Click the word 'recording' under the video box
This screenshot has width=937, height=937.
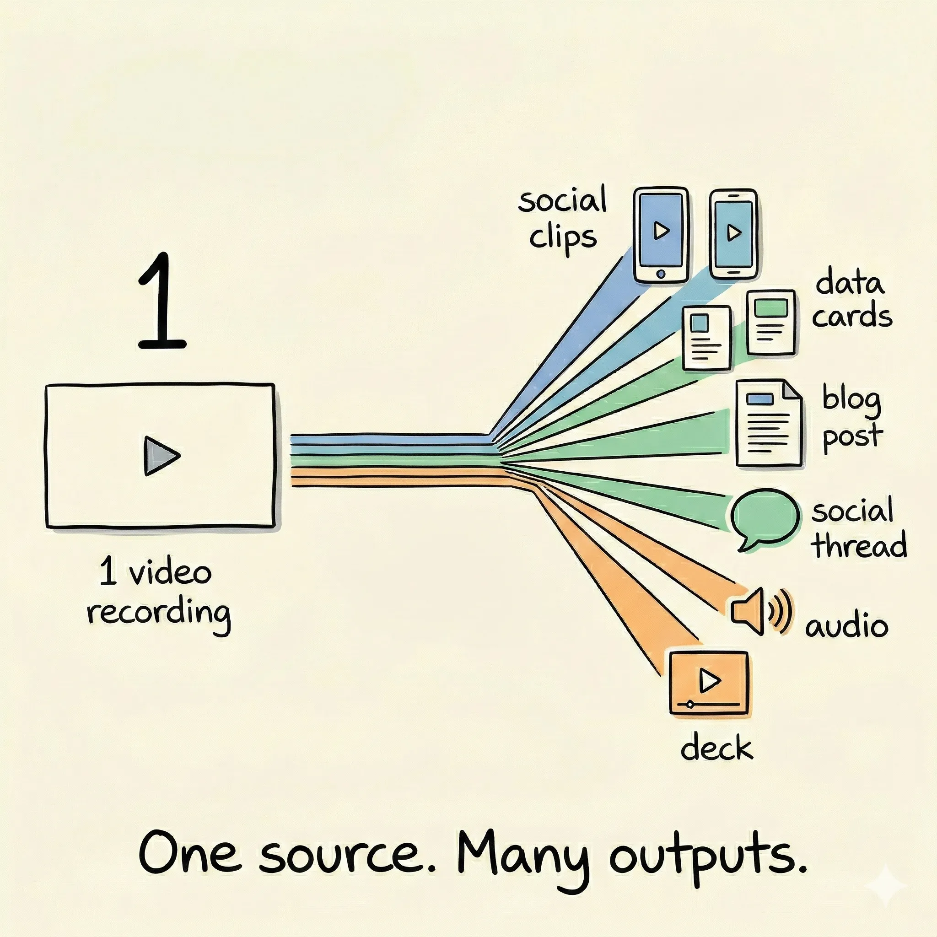(159, 614)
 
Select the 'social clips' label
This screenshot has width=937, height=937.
(563, 219)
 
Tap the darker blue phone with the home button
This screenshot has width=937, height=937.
(661, 235)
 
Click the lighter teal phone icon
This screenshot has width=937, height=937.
(733, 234)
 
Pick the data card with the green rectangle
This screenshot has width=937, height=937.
(771, 322)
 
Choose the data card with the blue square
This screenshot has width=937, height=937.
(706, 338)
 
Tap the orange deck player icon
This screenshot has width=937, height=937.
(709, 683)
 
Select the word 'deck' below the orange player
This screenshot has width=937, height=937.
(717, 749)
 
